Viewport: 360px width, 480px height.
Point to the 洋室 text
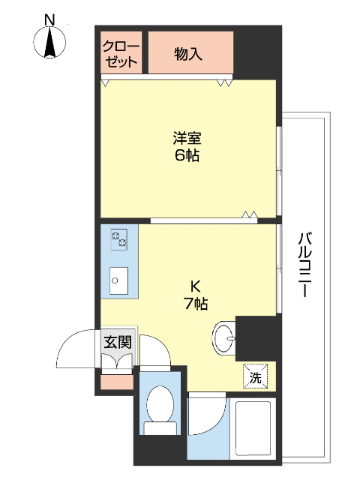pos(187,139)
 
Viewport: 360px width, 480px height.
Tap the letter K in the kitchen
pos(194,286)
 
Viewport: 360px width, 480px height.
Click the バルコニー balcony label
pos(303,265)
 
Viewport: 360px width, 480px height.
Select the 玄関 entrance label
pos(117,342)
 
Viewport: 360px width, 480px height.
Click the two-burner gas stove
pos(119,240)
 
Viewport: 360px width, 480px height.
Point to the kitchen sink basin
pos(118,281)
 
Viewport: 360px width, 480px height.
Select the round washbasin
pos(223,338)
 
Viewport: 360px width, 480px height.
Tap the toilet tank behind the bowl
pos(158,428)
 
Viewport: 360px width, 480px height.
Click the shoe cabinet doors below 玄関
pos(118,361)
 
